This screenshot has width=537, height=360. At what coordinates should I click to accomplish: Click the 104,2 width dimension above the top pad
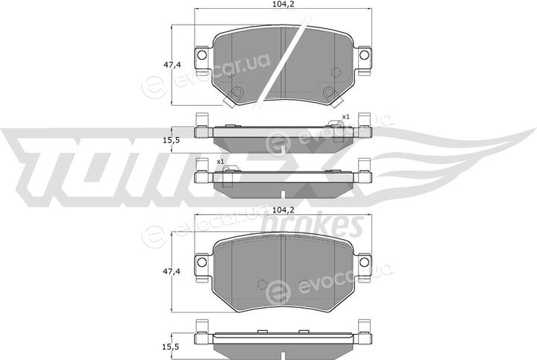[x=283, y=4]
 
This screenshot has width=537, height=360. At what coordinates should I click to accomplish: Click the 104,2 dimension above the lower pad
[x=283, y=210]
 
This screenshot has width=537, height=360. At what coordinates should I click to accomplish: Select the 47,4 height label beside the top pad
[x=172, y=65]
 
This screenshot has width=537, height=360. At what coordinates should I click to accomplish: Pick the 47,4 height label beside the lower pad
[x=172, y=272]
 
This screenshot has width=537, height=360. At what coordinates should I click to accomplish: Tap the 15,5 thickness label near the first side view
[x=172, y=140]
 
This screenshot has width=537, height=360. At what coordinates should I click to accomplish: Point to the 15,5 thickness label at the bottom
[x=172, y=347]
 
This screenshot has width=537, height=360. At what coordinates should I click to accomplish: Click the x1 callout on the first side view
[x=345, y=117]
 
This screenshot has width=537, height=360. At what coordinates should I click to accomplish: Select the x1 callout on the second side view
[x=220, y=161]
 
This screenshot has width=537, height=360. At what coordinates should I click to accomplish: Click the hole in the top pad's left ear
[x=202, y=54]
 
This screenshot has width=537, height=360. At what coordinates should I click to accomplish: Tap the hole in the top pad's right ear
[x=364, y=54]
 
